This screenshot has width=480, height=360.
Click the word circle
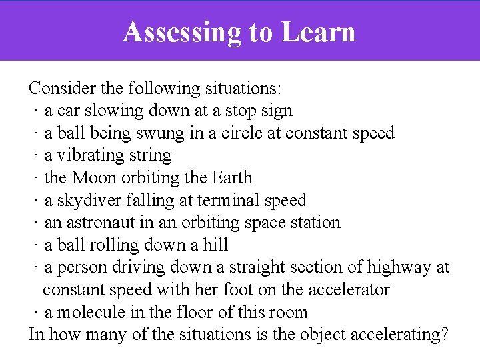tap(240, 133)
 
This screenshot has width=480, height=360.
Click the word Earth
tap(232, 178)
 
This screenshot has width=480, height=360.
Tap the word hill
tap(215, 245)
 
